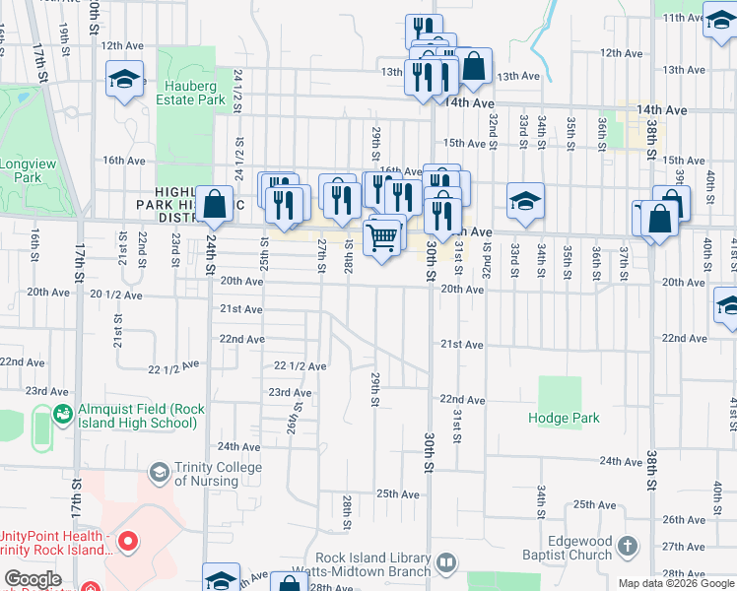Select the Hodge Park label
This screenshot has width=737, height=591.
coord(564,418)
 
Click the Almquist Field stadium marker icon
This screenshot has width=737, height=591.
coord(63,412)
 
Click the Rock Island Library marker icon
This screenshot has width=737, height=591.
coord(445,563)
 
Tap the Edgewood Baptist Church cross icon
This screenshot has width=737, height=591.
coord(626,545)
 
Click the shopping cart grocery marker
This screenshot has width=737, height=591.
coord(381,236)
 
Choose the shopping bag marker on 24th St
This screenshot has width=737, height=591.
coord(215,206)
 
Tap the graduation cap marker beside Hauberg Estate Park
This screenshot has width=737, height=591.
coord(125,81)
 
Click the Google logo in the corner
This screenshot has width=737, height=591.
coord(33,579)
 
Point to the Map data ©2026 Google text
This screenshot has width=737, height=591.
coord(676,583)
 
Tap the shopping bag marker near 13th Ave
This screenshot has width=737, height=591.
coord(474,67)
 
